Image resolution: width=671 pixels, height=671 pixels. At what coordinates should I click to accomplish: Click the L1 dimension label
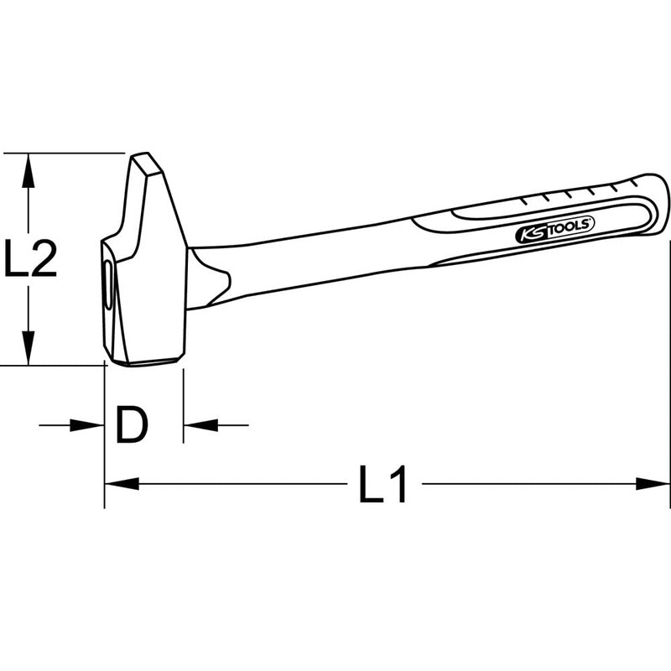point(382,486)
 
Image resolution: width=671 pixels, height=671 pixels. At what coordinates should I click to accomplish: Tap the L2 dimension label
point(30,259)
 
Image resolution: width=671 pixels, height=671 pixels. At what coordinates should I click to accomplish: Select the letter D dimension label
point(132,425)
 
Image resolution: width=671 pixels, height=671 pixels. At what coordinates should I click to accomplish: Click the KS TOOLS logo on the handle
point(554,231)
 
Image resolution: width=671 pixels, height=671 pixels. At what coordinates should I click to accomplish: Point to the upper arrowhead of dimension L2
point(29,168)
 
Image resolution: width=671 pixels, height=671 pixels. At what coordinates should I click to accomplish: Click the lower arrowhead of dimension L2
point(29,351)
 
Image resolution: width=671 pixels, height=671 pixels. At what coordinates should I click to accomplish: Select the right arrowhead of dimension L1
point(656,483)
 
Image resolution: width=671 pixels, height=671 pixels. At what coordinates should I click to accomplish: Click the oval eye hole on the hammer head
point(107,285)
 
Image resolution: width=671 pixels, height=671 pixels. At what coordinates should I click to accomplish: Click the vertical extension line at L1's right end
point(670,377)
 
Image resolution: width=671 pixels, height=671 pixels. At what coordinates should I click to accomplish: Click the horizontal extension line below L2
point(50,366)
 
